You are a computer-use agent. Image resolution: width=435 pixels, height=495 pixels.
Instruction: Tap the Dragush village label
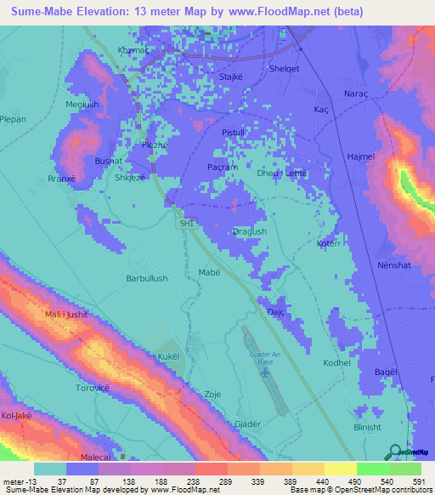pyautogui.click(x=249, y=231)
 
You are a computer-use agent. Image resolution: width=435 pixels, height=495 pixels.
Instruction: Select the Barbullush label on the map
pyautogui.click(x=147, y=278)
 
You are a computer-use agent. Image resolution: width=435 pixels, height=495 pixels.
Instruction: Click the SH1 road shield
pyautogui.click(x=187, y=223)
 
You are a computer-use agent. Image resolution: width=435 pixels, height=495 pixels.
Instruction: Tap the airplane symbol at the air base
pyautogui.click(x=265, y=372)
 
